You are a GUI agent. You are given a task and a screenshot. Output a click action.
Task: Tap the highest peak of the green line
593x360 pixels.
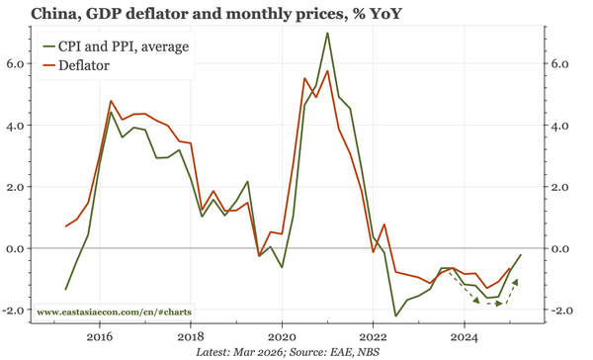tap(327, 34)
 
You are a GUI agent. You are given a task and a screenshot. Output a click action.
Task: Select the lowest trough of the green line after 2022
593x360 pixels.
tap(396, 315)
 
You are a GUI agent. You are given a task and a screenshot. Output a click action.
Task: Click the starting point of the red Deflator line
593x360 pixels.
tap(66, 226)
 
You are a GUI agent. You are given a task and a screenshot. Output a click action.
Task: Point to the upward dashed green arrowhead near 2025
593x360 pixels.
tap(516, 283)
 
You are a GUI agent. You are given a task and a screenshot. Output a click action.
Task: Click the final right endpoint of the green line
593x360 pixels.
tap(521, 255)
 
